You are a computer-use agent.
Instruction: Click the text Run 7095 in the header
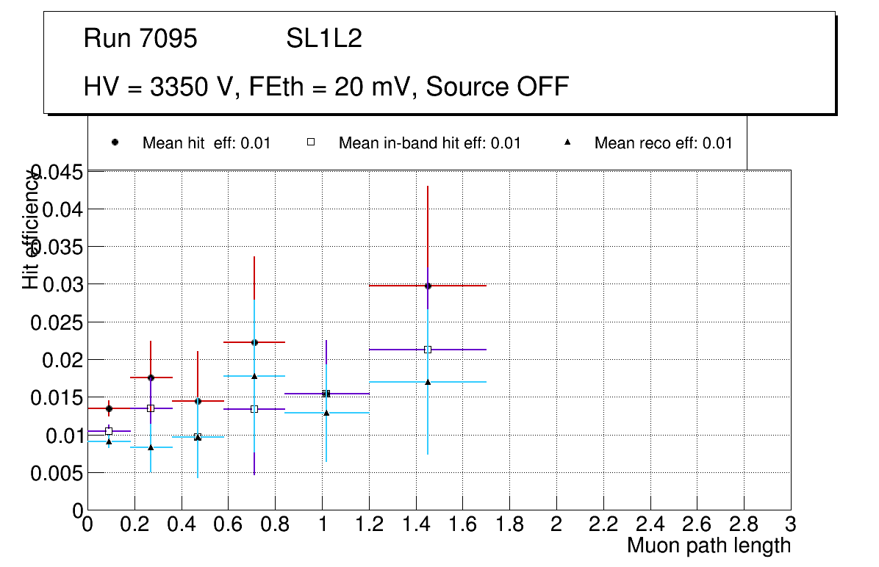(x=140, y=39)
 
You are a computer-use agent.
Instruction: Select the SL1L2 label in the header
(x=324, y=39)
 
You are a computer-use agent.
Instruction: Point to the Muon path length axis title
(x=708, y=546)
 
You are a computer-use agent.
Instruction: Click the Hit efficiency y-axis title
(x=31, y=229)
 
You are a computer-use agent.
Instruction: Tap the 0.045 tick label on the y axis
(x=57, y=173)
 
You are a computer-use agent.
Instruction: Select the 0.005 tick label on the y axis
(x=57, y=474)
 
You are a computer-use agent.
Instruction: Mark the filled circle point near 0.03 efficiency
(x=428, y=286)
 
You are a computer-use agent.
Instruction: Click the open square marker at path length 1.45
(x=428, y=350)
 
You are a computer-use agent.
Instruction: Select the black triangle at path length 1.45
(x=428, y=381)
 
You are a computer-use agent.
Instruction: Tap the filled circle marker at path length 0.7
(x=254, y=342)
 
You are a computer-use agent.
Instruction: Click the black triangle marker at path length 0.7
(x=254, y=376)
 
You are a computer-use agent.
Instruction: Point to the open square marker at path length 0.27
(x=151, y=408)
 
